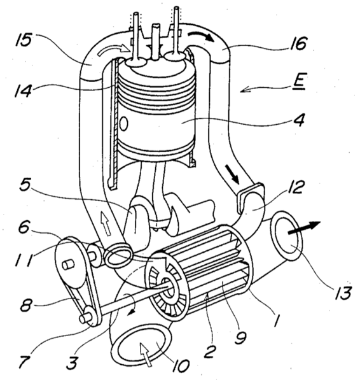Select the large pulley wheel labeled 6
[x=68, y=258]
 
